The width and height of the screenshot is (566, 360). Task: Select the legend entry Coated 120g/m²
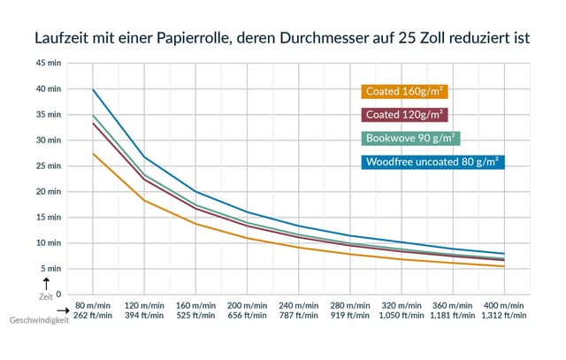[403, 115]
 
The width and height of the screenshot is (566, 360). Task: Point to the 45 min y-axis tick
[49, 64]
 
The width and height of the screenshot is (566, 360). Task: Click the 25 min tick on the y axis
[49, 166]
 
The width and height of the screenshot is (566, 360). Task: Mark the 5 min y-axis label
[51, 269]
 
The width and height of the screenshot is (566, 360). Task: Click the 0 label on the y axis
[58, 295]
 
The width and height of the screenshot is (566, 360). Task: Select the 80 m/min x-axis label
[93, 303]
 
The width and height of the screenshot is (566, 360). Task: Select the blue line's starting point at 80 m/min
[93, 89]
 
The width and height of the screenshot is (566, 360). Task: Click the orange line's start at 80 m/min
[93, 154]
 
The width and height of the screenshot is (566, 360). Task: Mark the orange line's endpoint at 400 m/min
[504, 266]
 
